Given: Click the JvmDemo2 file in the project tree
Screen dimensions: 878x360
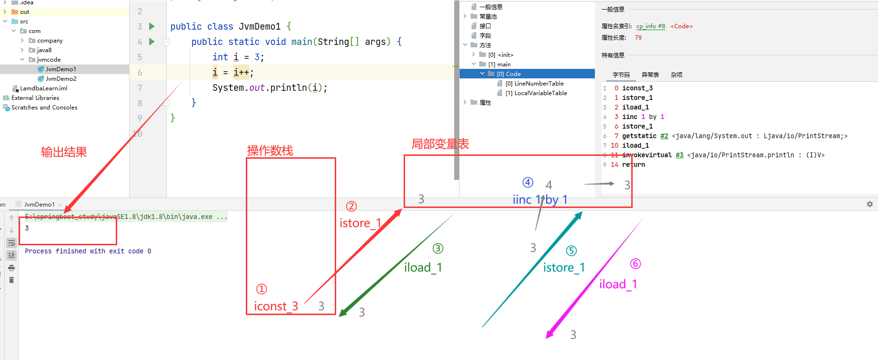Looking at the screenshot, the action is pyautogui.click(x=61, y=79).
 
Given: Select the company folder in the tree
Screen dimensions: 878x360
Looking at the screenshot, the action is pyautogui.click(x=50, y=41).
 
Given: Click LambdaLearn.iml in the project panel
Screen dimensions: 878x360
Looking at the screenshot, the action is pyautogui.click(x=44, y=88).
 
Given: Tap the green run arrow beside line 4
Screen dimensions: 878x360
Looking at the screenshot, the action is pyautogui.click(x=152, y=42).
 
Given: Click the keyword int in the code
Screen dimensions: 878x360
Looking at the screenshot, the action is pyautogui.click(x=220, y=57).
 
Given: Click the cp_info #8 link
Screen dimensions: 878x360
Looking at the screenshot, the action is pyautogui.click(x=650, y=26).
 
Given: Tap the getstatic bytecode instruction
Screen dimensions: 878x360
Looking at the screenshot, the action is pyautogui.click(x=639, y=136).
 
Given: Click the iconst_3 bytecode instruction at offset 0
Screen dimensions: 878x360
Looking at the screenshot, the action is pyautogui.click(x=637, y=88).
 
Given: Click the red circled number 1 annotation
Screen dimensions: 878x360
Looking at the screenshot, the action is pyautogui.click(x=262, y=289).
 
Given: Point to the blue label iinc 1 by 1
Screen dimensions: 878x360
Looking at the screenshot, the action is pyautogui.click(x=540, y=200).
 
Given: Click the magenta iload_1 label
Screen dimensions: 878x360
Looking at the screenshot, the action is pyautogui.click(x=618, y=284).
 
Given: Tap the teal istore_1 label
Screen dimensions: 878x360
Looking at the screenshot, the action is pyautogui.click(x=564, y=268).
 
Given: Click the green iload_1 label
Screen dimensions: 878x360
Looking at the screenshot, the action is pyautogui.click(x=423, y=268).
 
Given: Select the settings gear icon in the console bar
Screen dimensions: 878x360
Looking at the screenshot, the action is pyautogui.click(x=869, y=204).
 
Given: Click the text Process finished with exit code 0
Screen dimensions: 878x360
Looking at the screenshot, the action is pyautogui.click(x=88, y=251).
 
